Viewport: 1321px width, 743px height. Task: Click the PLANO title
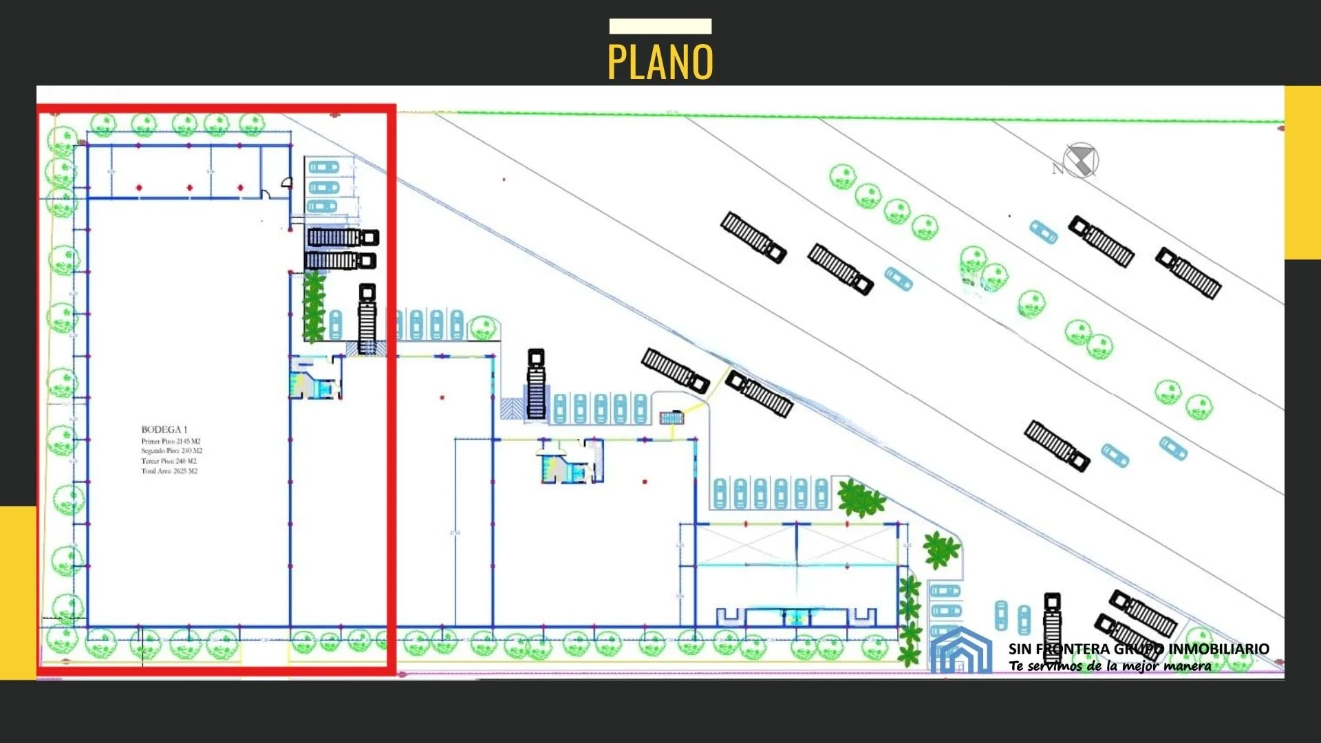pos(660,62)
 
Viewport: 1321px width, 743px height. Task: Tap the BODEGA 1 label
pos(164,429)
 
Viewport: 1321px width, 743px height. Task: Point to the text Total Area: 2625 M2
pos(169,471)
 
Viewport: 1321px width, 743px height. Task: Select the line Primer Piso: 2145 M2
pos(171,441)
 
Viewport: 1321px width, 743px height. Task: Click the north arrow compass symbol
pos(1081,161)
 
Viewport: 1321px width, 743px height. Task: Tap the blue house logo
pos(960,651)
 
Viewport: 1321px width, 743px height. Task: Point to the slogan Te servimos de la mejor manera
pos(1110,666)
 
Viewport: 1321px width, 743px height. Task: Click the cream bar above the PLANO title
pos(660,26)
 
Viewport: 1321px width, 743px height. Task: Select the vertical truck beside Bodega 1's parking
pos(367,319)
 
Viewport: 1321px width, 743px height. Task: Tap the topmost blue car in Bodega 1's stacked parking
pos(323,167)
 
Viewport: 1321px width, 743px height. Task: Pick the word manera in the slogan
pos(1188,666)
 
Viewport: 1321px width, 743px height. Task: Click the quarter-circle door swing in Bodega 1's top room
pos(287,182)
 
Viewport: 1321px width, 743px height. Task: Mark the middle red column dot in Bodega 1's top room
pos(190,187)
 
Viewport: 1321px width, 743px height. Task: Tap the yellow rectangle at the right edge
pos(1302,172)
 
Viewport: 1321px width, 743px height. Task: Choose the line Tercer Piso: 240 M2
pos(169,461)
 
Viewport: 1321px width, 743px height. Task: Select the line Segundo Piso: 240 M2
pos(171,451)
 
